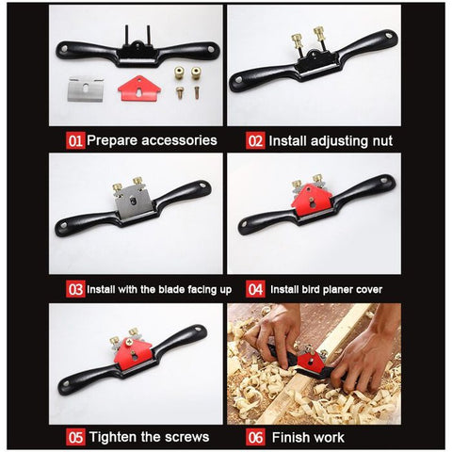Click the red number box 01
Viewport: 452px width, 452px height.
point(75,140)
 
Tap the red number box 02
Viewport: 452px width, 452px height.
point(255,140)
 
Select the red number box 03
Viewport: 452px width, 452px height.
point(75,289)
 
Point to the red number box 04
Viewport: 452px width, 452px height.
point(255,289)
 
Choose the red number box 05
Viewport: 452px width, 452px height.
point(75,437)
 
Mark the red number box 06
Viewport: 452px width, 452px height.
point(255,437)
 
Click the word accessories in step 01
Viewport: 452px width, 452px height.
point(179,140)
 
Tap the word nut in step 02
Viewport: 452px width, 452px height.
point(382,141)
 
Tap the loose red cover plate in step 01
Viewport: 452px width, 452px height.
point(139,89)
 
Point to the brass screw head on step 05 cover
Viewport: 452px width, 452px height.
point(129,342)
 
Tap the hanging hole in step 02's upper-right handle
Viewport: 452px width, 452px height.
point(389,36)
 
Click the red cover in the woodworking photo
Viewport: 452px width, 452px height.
point(312,362)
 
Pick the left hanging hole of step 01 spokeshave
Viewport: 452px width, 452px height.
point(64,49)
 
